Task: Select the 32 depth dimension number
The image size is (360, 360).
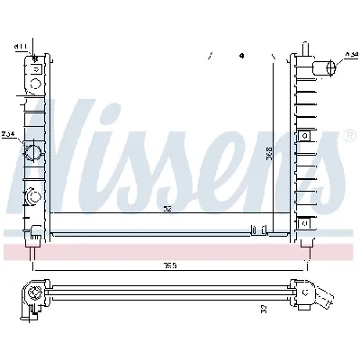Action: pos(264,309)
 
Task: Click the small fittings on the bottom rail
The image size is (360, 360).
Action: pos(260,229)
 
